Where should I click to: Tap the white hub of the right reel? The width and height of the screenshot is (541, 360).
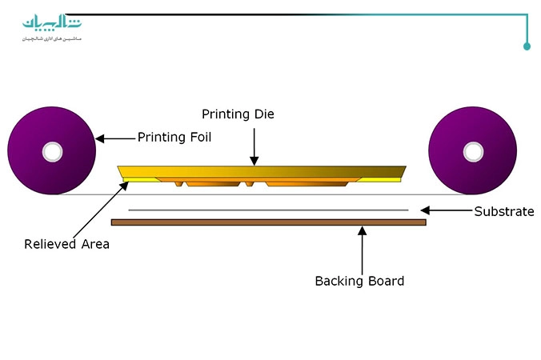click(x=473, y=150)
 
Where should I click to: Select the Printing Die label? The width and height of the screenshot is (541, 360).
click(x=238, y=114)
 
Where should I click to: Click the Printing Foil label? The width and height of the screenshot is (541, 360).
click(x=174, y=137)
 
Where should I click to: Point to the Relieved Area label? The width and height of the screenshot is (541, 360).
click(x=66, y=244)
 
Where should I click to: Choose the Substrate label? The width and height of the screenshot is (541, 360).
click(x=503, y=212)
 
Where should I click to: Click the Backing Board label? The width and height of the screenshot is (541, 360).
click(x=359, y=281)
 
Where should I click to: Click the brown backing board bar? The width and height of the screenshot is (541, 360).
click(x=268, y=222)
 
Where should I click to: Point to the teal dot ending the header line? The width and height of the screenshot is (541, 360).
click(x=527, y=46)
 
